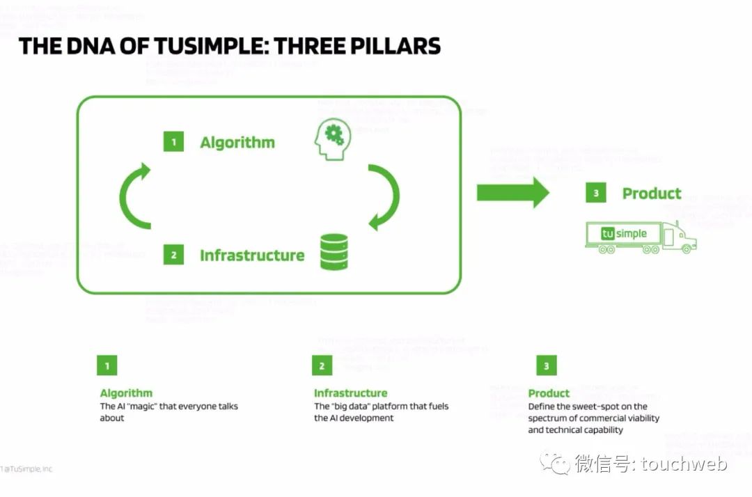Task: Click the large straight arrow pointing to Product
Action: coord(512,192)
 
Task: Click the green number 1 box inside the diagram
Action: coord(173,143)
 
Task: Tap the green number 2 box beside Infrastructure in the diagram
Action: coord(173,255)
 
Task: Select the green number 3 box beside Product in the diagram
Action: coord(595,194)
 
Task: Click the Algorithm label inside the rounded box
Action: coord(237,143)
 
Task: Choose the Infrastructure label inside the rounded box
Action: coord(252,255)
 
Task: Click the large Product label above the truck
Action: coord(652,194)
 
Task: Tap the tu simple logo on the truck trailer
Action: coord(624,234)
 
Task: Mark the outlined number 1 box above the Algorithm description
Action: coord(107,365)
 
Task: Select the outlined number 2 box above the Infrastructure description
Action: coord(322,365)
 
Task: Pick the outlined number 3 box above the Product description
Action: coord(547,365)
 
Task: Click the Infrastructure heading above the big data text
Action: coord(350,393)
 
